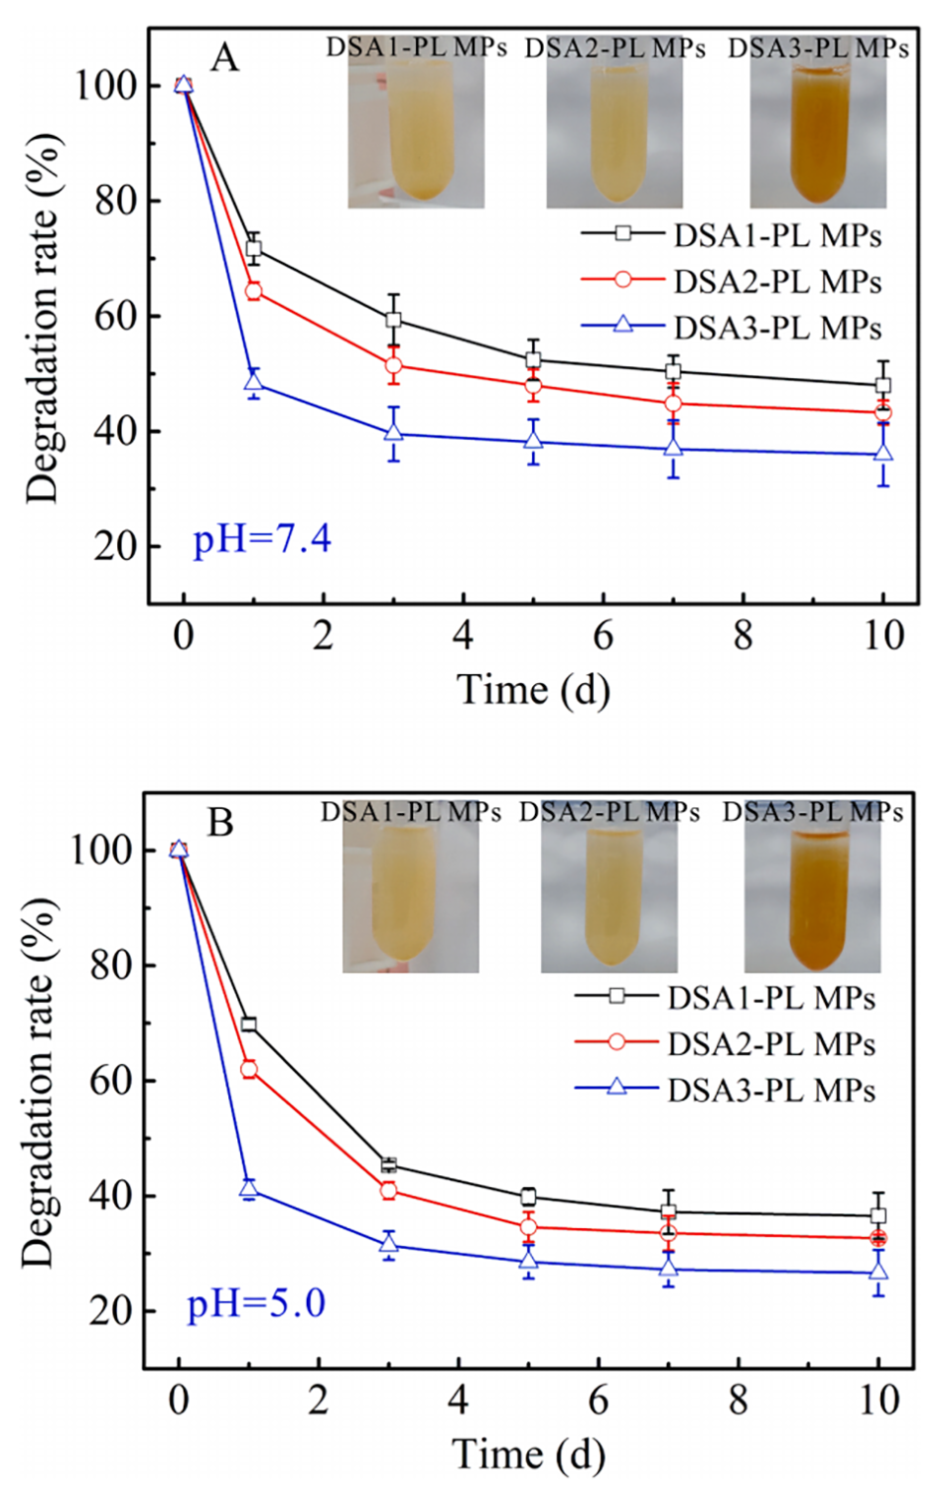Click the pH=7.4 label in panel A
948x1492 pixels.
pos(262,539)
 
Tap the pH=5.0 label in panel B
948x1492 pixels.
pos(256,1303)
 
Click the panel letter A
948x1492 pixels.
pos(224,59)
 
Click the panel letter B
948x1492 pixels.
pos(219,823)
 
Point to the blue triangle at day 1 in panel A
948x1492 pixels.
pos(253,382)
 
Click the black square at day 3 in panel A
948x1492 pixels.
pos(393,320)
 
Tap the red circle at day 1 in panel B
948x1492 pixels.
pos(248,1069)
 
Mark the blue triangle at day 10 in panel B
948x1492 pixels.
pos(879,1272)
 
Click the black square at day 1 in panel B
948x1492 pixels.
pos(248,1023)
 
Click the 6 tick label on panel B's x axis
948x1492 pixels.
pos(598,1401)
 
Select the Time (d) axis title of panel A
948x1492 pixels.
pos(533,690)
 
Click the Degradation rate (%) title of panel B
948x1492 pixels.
pos(40,1082)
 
